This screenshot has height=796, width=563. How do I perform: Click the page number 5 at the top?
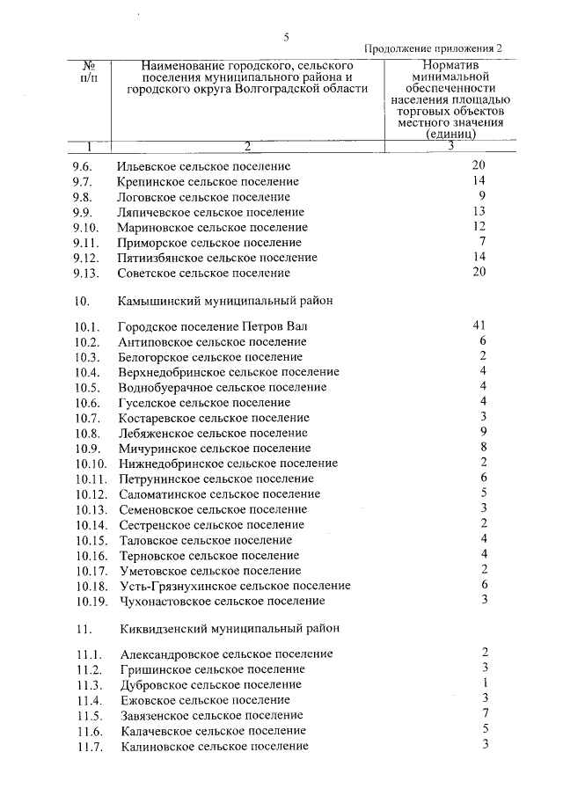(x=286, y=36)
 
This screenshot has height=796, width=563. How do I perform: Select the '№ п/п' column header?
(x=89, y=72)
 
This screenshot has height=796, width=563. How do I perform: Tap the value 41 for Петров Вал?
(x=479, y=325)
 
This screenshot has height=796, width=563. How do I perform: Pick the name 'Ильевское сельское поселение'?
(x=204, y=166)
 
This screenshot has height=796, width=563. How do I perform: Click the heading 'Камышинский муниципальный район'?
(x=226, y=301)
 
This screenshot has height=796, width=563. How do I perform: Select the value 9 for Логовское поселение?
(x=483, y=195)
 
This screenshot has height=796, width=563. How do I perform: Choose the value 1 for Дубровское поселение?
(x=485, y=683)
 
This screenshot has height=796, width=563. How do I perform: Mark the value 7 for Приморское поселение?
(x=483, y=241)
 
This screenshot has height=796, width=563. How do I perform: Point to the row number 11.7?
(x=90, y=747)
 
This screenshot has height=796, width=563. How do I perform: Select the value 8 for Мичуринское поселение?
(x=484, y=447)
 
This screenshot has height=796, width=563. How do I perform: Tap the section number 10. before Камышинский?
(x=84, y=301)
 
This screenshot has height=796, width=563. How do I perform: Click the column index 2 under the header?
(x=247, y=145)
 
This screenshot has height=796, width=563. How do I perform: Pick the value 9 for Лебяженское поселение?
(x=484, y=431)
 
